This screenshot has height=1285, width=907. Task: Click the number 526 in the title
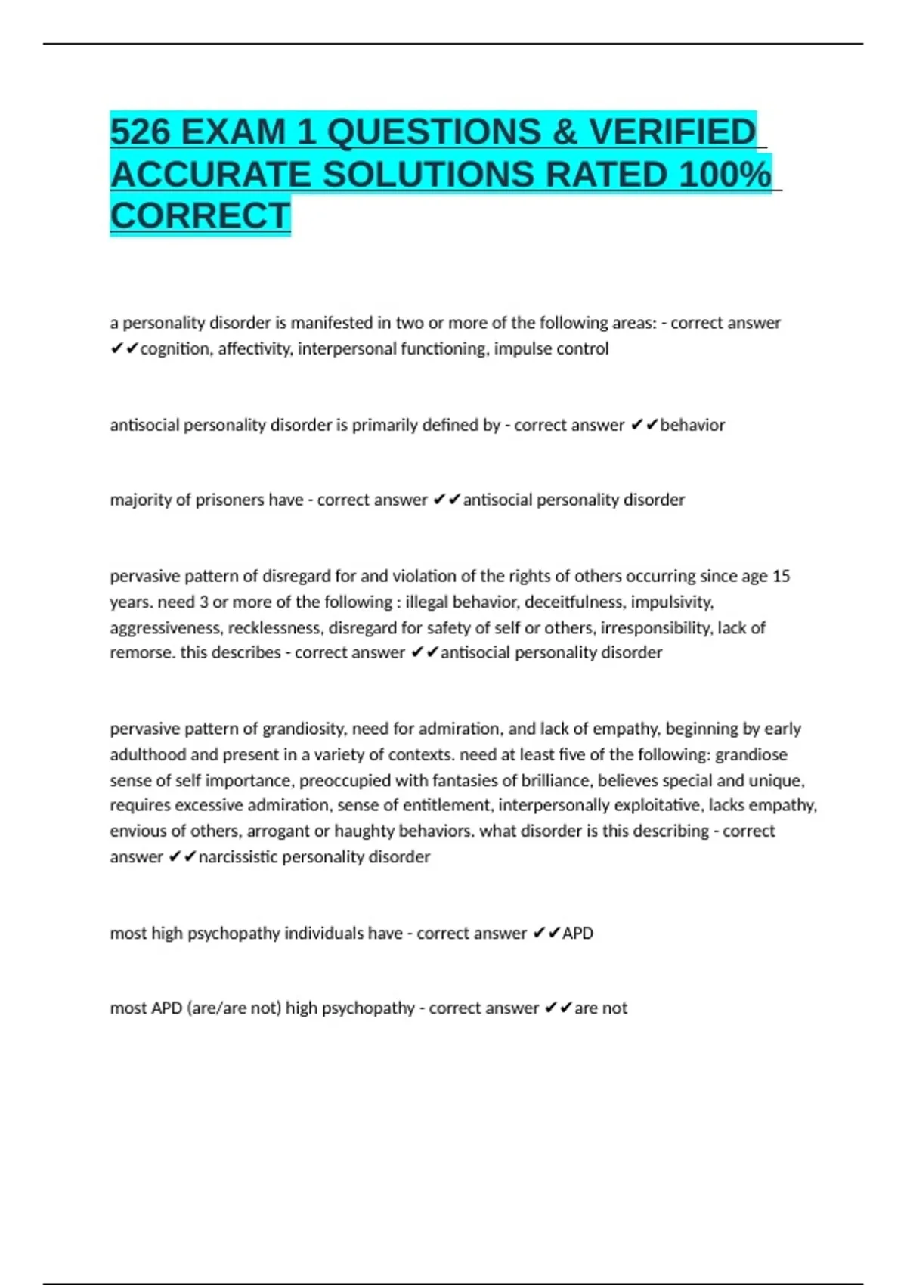click(x=140, y=132)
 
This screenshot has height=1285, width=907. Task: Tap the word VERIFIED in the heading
click(x=672, y=132)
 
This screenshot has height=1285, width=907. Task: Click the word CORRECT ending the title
click(x=200, y=216)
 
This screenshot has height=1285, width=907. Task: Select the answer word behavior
click(x=692, y=426)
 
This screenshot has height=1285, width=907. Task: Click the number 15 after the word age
click(x=781, y=577)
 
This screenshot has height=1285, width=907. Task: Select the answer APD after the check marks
click(x=577, y=934)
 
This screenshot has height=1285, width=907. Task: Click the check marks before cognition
click(x=124, y=349)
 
